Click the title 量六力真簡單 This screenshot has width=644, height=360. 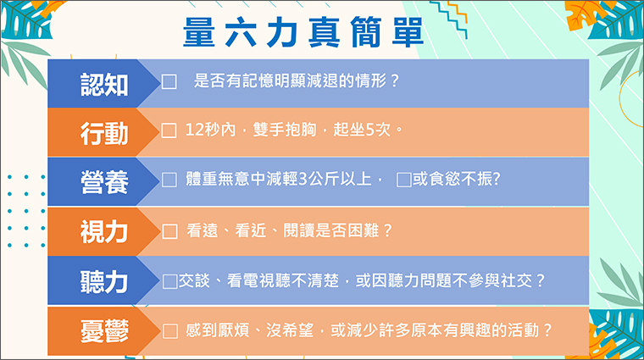pyautogui.click(x=303, y=32)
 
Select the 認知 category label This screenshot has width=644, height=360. pyautogui.click(x=104, y=85)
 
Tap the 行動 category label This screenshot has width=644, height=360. pyautogui.click(x=104, y=133)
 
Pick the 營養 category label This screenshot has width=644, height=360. pyautogui.click(x=104, y=182)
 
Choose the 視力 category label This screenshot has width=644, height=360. pyautogui.click(x=104, y=232)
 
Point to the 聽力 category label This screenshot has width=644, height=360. pyautogui.click(x=104, y=281)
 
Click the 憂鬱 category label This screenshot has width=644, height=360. pyautogui.click(x=104, y=331)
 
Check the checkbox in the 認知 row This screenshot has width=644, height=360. pyautogui.click(x=169, y=81)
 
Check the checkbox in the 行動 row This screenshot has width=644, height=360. pyautogui.click(x=169, y=130)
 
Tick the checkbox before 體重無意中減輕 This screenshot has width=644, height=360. pyautogui.click(x=169, y=180)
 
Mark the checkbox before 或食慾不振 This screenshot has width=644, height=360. pyautogui.click(x=403, y=180)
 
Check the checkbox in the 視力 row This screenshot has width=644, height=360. pyautogui.click(x=169, y=231)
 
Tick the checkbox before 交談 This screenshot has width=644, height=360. pyautogui.click(x=170, y=281)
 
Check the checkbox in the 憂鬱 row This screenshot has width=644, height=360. pyautogui.click(x=170, y=331)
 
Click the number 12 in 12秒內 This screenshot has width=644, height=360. pyautogui.click(x=194, y=130)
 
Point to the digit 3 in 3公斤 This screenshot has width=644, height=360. pyautogui.click(x=303, y=180)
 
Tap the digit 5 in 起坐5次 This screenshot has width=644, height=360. pyautogui.click(x=369, y=130)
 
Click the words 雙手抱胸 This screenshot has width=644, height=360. pyautogui.click(x=285, y=130)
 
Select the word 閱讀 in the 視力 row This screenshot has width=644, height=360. pyautogui.click(x=299, y=230)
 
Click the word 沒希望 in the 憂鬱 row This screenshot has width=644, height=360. pyautogui.click(x=290, y=330)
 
